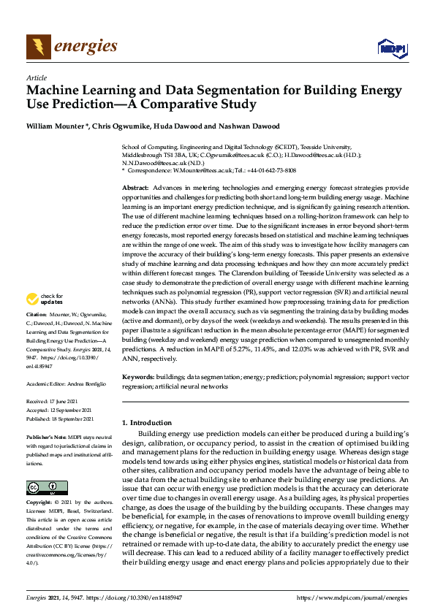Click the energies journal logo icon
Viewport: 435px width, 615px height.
39,47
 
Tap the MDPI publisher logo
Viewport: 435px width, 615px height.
390,48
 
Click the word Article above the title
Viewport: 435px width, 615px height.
36,77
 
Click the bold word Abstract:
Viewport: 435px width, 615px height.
136,188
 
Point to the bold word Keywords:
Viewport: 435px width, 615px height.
138,377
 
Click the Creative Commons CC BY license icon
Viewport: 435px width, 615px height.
42,486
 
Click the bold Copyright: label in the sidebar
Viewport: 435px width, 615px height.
41,503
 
